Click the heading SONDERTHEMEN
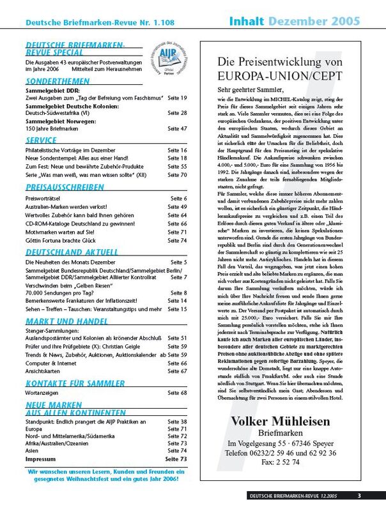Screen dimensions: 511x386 54,82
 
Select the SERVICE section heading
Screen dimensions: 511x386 42,140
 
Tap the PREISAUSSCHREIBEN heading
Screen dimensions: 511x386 65,187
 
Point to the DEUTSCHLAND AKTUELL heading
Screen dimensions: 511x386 65,252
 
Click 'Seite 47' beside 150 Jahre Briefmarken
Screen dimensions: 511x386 175,128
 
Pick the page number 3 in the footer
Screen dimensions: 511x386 359,496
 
